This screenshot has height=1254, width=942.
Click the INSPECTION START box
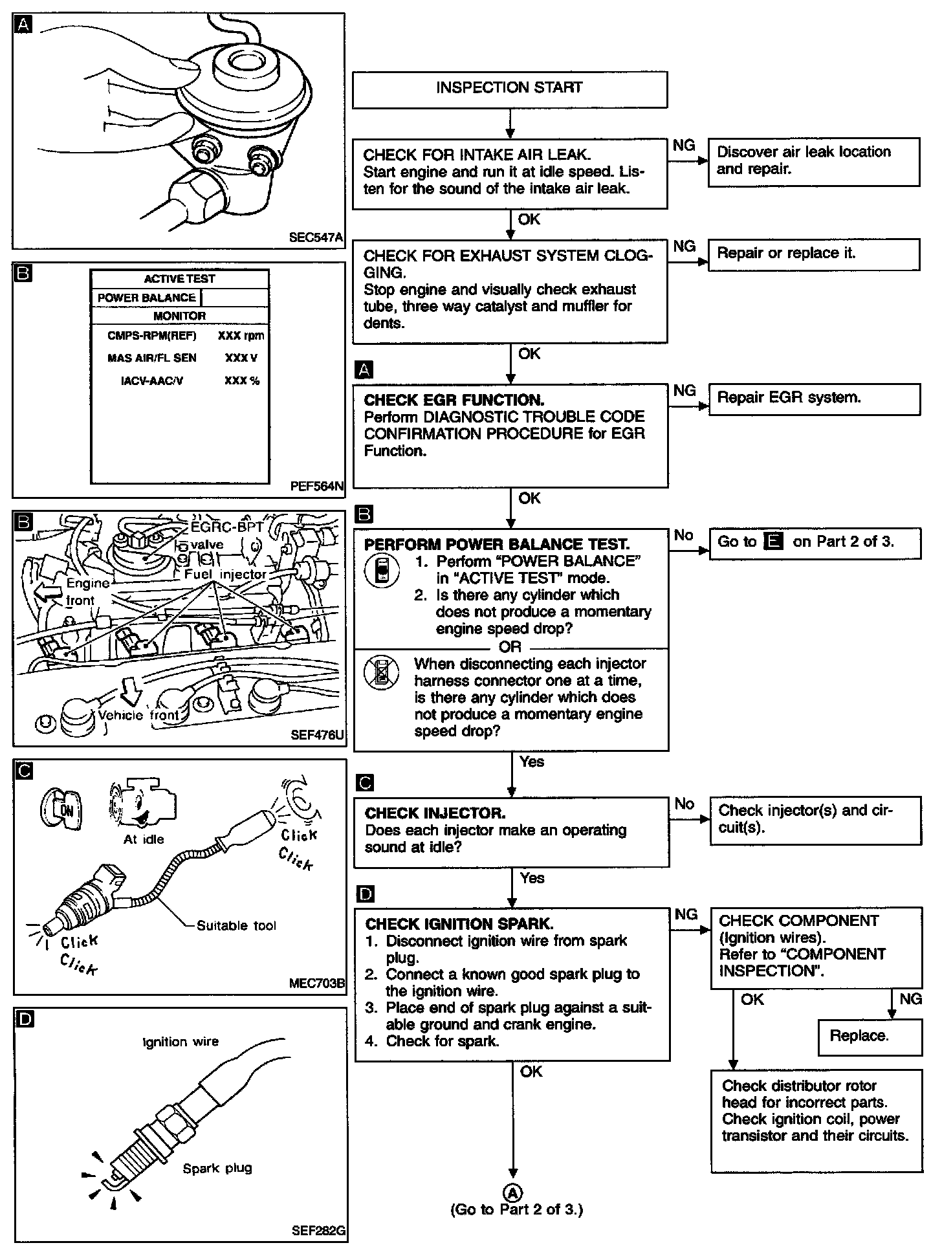[x=509, y=89]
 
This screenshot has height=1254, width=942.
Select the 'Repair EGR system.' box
[x=814, y=399]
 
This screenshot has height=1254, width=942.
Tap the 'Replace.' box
[x=870, y=1037]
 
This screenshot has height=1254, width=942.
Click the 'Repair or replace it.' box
[x=814, y=254]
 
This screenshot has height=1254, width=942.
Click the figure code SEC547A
[x=315, y=237]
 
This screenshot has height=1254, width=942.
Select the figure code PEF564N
[x=317, y=486]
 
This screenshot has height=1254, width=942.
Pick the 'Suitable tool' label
[x=236, y=926]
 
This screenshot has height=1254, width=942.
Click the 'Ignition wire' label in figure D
[x=181, y=1042]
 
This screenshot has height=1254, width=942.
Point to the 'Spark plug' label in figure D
[x=217, y=1169]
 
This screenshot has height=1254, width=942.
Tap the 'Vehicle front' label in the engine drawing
[x=138, y=715]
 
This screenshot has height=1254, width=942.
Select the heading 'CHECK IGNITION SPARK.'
[x=459, y=924]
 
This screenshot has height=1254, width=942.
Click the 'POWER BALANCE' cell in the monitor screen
[x=146, y=298]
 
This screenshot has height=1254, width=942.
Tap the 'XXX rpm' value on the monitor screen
[x=241, y=336]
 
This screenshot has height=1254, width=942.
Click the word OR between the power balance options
[x=510, y=646]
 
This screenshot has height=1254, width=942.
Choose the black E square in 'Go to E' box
[x=774, y=542]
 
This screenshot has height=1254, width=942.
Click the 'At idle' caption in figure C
[x=144, y=839]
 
